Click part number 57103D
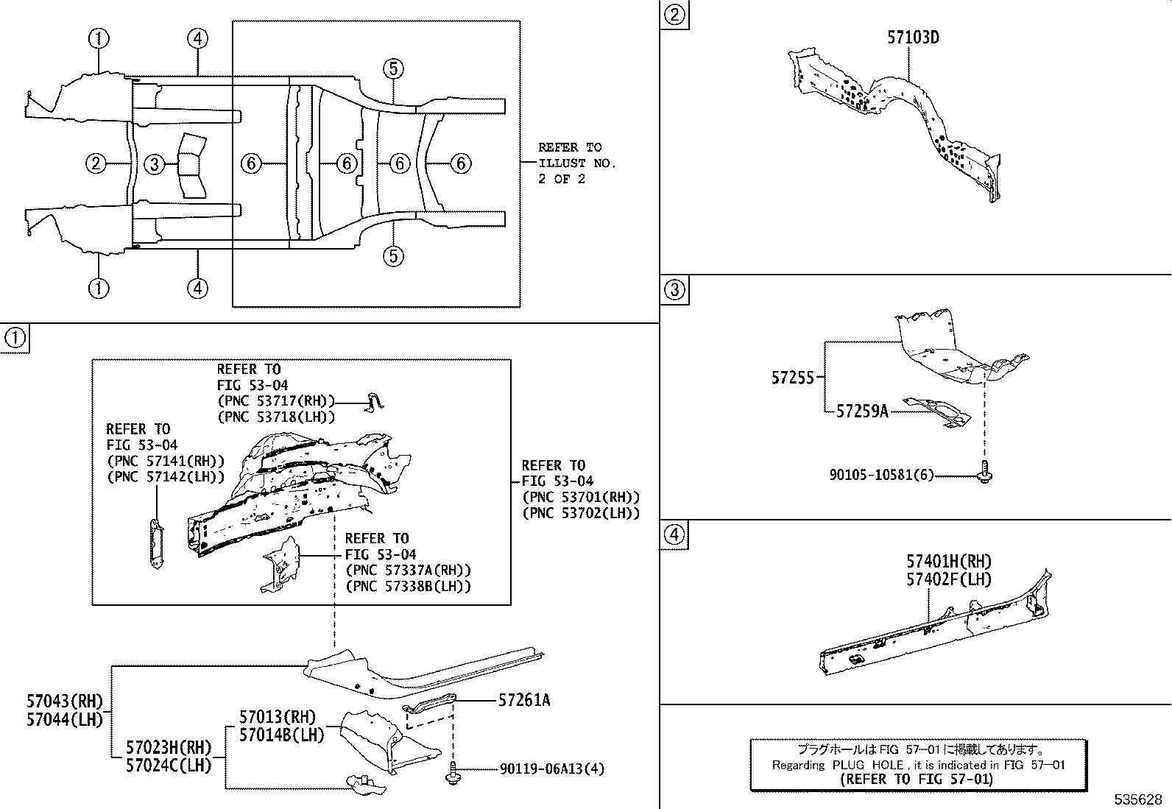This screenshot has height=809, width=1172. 912,38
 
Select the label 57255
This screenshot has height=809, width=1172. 792,378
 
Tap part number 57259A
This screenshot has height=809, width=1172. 861,411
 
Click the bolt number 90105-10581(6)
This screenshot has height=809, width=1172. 881,476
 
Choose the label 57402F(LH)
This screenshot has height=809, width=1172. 948,579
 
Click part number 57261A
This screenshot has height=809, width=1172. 523,700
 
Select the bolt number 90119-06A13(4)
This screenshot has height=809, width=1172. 551,769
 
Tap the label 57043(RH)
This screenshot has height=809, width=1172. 65,702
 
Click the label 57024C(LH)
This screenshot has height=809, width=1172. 168,765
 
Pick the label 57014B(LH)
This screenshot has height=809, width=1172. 281,735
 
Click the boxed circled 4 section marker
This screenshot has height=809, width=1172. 674,534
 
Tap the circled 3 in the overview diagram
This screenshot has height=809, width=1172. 154,164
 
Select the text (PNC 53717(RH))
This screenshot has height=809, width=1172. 276,400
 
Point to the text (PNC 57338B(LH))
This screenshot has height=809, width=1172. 408,586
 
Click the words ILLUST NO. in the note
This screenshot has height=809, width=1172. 576,163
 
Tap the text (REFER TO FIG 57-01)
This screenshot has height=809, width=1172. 917,780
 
